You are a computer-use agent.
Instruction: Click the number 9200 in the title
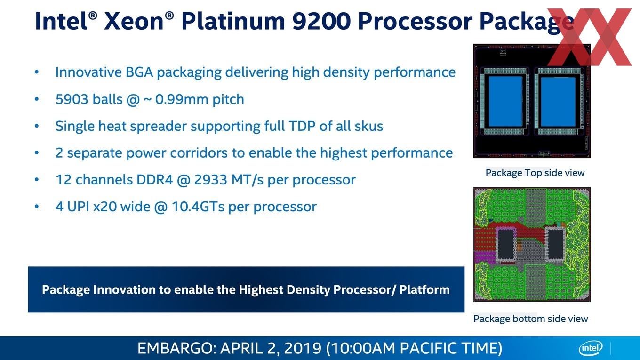point(322,22)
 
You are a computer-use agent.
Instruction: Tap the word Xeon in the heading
point(134,22)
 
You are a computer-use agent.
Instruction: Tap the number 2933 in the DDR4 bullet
point(210,180)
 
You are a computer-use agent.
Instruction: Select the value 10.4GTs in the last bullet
point(198,207)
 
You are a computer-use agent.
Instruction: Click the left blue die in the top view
point(505,102)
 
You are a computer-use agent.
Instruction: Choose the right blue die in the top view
point(558,102)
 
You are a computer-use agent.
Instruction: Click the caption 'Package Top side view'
point(535,173)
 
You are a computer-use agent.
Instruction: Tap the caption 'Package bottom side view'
point(530,319)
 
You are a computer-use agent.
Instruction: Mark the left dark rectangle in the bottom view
point(506,244)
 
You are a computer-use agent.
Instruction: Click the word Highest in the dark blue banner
point(261,290)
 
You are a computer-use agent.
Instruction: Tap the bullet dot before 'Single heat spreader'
point(37,126)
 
